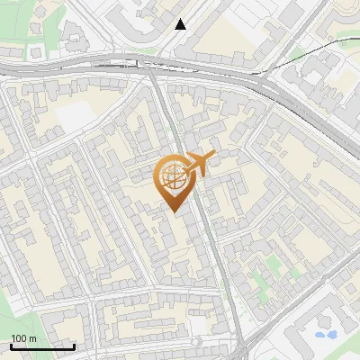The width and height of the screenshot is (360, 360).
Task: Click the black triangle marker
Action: (x=181, y=24)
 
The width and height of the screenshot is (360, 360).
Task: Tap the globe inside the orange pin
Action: (x=171, y=178)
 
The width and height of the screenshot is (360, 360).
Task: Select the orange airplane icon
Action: (x=199, y=164)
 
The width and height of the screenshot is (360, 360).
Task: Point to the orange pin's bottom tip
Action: (x=173, y=211)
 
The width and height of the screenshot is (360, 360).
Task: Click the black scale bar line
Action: (x=42, y=346)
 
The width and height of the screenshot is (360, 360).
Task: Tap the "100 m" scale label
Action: (x=24, y=338)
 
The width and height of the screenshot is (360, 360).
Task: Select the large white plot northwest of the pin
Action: (x=76, y=115)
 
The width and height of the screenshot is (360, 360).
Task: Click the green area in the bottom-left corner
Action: (x=7, y=310)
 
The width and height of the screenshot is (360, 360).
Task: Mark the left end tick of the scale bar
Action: (x=11, y=346)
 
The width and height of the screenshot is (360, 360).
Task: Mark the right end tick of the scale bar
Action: (x=74, y=346)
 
